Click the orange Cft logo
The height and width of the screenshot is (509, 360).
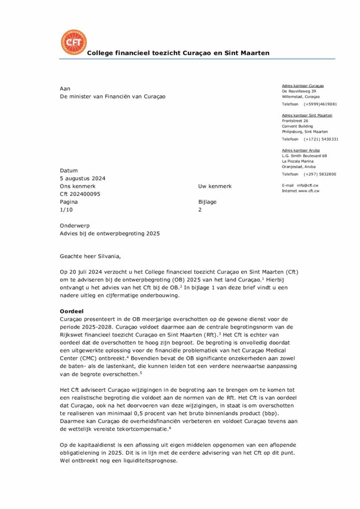point(73,42)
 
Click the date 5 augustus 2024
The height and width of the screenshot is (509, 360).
point(83,178)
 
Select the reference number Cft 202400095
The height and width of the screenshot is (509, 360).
point(80,194)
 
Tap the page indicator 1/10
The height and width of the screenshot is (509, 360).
point(66,210)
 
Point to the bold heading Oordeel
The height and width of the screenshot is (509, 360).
point(71,311)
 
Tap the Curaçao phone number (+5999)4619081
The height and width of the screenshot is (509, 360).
point(320,104)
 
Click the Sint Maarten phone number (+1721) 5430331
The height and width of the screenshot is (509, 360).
point(321,140)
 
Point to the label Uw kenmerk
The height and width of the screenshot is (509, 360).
point(215,186)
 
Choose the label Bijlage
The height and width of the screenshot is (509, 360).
point(207,202)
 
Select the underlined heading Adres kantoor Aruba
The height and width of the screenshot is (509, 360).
point(301,150)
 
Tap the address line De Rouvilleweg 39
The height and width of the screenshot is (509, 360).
point(299,91)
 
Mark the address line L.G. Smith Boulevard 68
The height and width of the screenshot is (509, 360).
point(304,156)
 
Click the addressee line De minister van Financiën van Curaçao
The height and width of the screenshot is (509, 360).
point(112,96)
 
